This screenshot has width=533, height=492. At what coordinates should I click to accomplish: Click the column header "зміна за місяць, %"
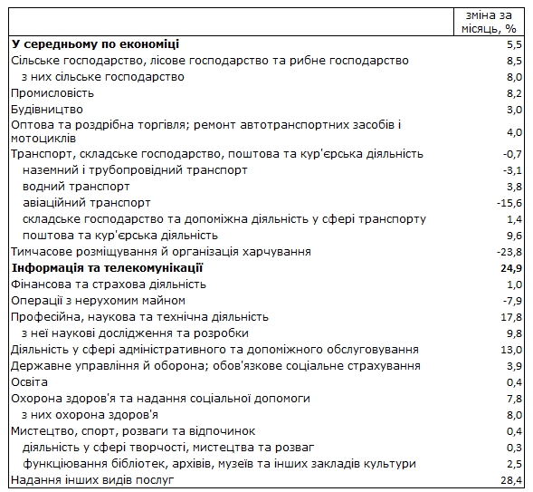[489, 22]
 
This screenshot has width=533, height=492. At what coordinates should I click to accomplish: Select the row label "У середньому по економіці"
[95, 43]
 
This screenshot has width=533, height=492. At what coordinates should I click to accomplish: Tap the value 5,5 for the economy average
[514, 44]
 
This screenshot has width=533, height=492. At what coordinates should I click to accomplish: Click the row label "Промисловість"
[52, 92]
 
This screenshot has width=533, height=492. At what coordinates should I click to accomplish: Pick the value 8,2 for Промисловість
[514, 93]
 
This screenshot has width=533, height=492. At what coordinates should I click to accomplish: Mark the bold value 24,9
[511, 268]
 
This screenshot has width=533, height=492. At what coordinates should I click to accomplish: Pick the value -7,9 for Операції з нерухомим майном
[512, 301]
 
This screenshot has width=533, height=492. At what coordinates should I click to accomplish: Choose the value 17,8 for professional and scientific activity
[511, 317]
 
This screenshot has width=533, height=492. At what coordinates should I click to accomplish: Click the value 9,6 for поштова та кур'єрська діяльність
[514, 236]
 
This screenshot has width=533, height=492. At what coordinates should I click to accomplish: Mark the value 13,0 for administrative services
[511, 350]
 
